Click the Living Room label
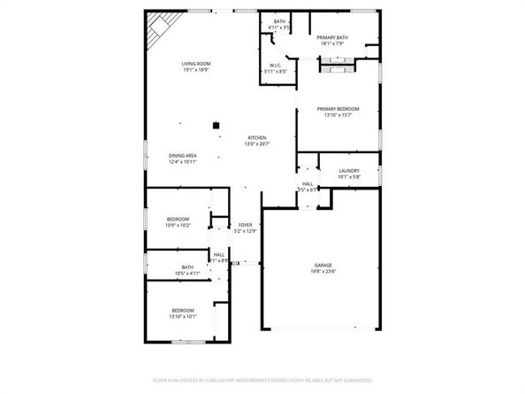194,64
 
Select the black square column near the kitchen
215,126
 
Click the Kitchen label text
257,138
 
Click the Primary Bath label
333,36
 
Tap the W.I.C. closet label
275,65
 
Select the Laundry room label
347,170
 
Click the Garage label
323,265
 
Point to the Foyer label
246,225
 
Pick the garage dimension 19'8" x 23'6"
323,272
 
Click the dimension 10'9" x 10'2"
178,226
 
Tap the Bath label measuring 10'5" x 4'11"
187,274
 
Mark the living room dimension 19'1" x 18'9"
194,70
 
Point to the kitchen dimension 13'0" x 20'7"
257,144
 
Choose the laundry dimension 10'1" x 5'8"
347,176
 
